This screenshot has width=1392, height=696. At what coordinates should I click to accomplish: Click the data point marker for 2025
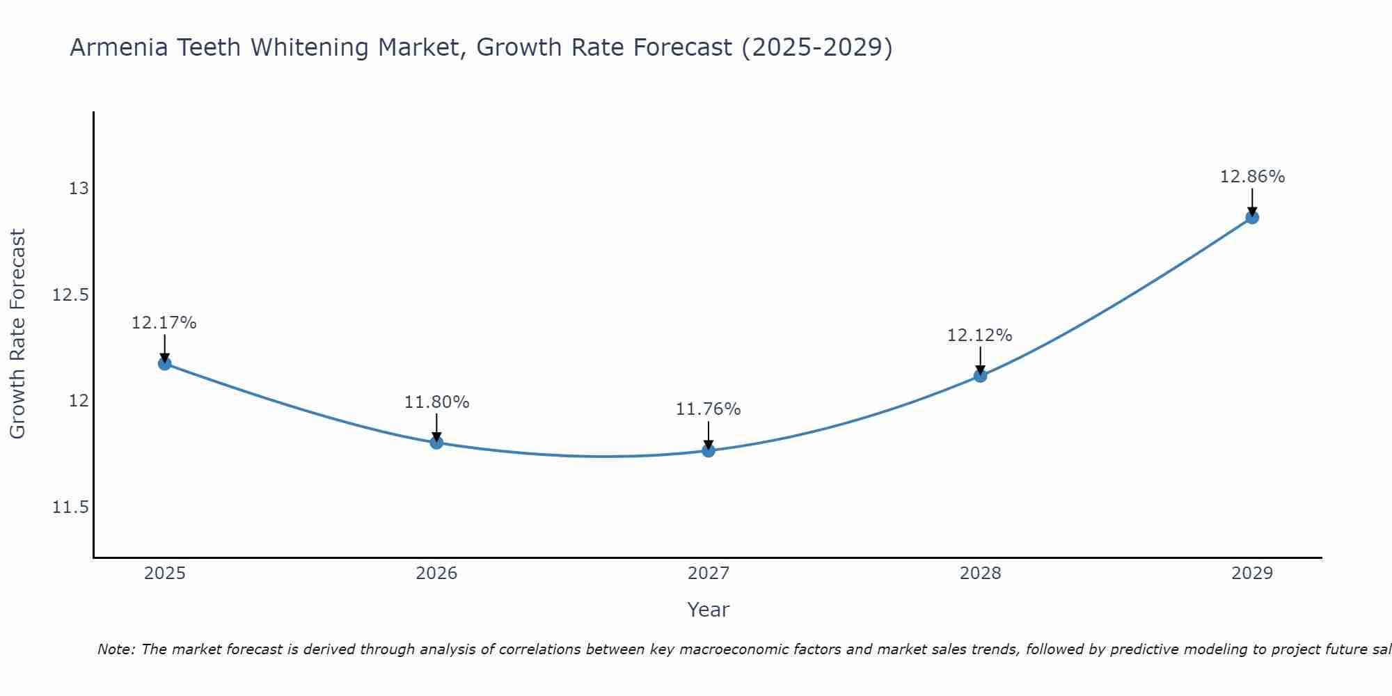tap(165, 363)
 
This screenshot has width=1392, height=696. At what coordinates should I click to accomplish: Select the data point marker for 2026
tap(436, 442)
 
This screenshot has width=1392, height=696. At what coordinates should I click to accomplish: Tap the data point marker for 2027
tap(709, 450)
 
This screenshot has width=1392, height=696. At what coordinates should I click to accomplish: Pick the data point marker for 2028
tap(980, 376)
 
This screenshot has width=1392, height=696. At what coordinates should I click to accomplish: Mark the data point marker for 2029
tap(1252, 217)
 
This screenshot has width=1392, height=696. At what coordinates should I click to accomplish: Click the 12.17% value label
tap(164, 323)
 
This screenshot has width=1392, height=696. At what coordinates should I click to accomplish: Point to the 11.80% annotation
tap(437, 402)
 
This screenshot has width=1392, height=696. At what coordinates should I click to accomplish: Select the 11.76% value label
tap(709, 409)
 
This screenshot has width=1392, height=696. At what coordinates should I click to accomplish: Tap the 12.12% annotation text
tap(980, 335)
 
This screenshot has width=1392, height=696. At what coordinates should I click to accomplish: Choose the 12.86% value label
tap(1253, 177)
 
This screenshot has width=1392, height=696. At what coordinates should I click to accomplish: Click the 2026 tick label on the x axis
tap(436, 574)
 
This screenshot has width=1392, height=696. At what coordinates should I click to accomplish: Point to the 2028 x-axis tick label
tap(980, 574)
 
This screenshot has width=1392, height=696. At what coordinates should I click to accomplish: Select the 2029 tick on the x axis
tap(1252, 574)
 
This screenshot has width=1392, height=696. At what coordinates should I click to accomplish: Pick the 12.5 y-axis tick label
tap(71, 295)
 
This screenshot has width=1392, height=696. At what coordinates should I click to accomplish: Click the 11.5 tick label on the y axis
tap(71, 507)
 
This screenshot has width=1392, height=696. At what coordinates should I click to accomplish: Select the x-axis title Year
tap(709, 610)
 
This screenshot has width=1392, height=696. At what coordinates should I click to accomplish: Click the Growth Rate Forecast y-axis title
tap(18, 334)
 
